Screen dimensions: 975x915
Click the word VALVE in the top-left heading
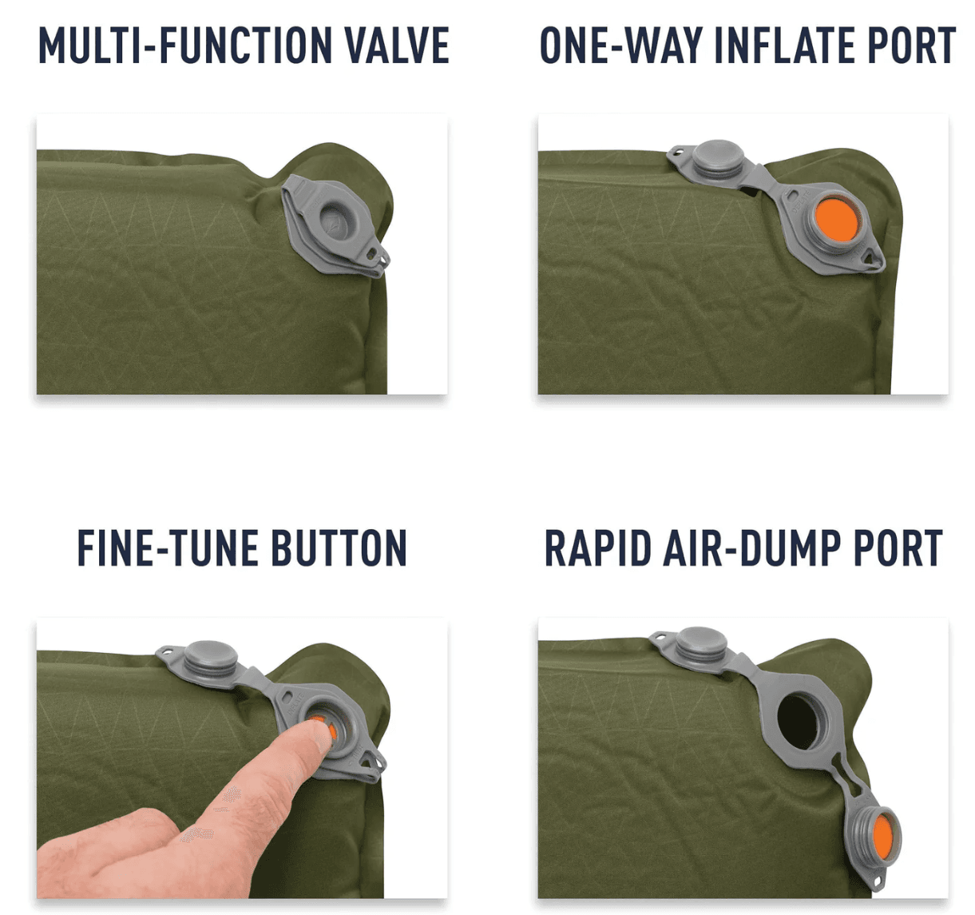pyautogui.click(x=396, y=46)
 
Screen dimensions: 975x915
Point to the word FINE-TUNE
pyautogui.click(x=168, y=547)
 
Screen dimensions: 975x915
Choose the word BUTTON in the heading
pyautogui.click(x=339, y=547)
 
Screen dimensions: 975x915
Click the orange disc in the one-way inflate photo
pyautogui.click(x=836, y=220)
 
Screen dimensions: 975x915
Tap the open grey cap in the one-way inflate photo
pyautogui.click(x=718, y=158)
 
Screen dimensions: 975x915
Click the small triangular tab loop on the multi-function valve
pyautogui.click(x=377, y=255)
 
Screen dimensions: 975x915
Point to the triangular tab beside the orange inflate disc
pyautogui.click(x=871, y=257)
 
